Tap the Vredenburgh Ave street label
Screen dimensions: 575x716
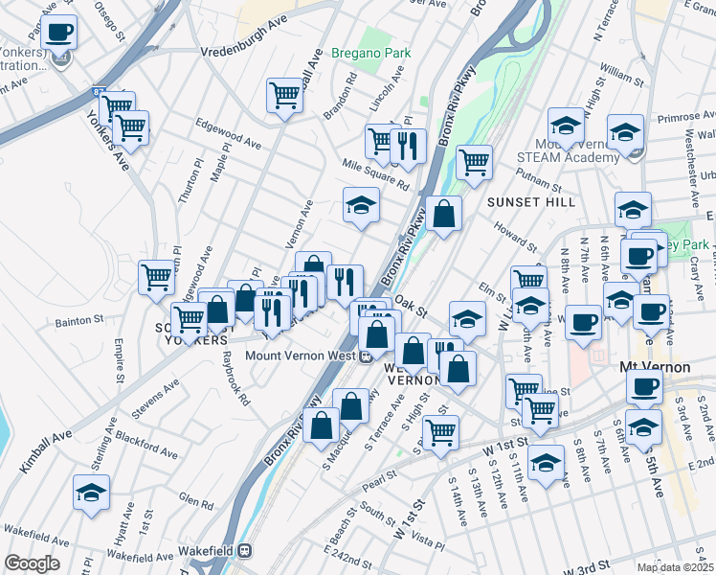[x=243, y=48]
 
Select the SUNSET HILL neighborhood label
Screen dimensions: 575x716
[x=531, y=202]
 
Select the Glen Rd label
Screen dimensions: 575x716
[x=194, y=501]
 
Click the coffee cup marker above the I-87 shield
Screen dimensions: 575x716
[x=59, y=32]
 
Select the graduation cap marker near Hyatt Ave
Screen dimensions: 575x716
[x=92, y=493]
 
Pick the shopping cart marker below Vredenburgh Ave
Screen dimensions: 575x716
[x=285, y=95]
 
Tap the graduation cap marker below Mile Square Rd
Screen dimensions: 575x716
[x=361, y=205]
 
